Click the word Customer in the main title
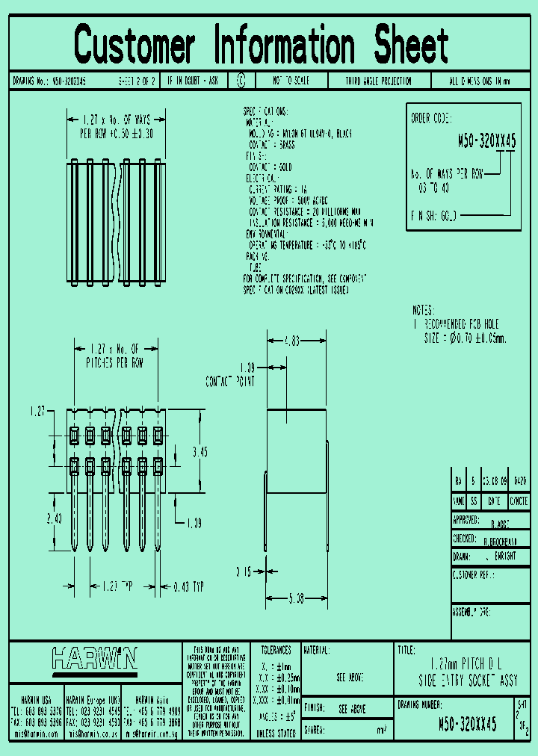click(134, 45)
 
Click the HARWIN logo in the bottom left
click(94, 658)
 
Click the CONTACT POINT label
click(230, 382)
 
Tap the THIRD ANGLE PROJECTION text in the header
click(378, 81)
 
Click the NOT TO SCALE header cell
click(291, 81)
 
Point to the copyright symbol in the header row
click(241, 81)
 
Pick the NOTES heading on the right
click(427, 310)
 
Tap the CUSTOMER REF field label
click(474, 575)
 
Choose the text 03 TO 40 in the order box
click(433, 188)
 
